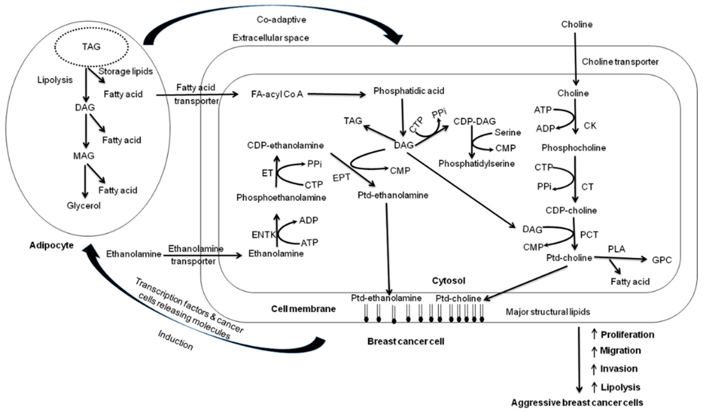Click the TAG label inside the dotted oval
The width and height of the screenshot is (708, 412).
point(91,47)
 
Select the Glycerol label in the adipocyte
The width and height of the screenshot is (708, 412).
point(83,206)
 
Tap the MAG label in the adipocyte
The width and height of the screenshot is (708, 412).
point(84,156)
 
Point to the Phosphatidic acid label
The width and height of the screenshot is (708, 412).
point(409,91)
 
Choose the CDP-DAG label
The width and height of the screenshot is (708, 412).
point(475,121)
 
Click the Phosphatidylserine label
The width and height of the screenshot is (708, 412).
point(477,164)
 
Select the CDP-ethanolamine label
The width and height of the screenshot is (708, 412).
point(285,145)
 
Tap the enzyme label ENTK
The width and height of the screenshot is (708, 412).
point(263,235)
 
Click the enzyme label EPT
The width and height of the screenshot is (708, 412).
point(341,178)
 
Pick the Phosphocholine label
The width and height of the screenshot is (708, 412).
point(573,148)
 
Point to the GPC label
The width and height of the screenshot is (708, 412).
point(662,260)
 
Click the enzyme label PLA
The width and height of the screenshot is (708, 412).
point(616,249)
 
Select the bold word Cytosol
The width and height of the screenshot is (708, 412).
point(448,281)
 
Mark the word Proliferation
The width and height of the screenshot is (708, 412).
point(627,335)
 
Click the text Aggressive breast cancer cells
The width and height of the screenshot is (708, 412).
point(577,403)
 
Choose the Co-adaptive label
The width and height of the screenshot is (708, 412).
point(281,20)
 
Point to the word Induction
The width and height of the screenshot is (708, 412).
point(176,340)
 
